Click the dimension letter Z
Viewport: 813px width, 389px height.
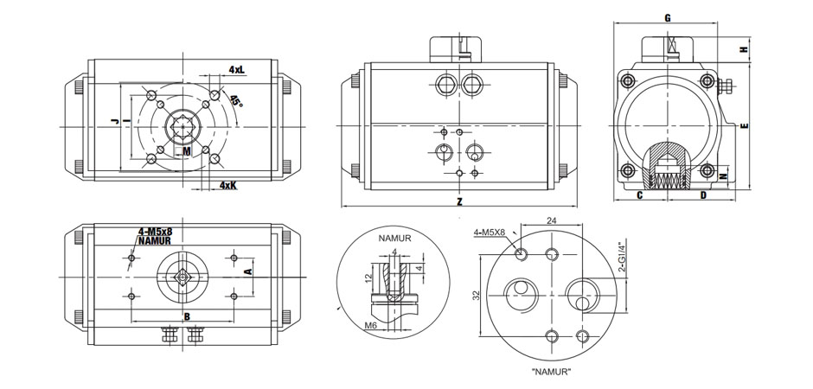click(x=459, y=201)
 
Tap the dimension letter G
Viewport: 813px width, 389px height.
click(x=667, y=18)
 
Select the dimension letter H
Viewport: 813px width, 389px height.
click(x=744, y=50)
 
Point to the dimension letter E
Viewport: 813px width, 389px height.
click(x=744, y=126)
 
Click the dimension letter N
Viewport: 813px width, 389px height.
click(x=723, y=175)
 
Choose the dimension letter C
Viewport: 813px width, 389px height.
click(x=639, y=195)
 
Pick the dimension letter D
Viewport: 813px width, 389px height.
click(x=702, y=195)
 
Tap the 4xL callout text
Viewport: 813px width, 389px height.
click(x=236, y=68)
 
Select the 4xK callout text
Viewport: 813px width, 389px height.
click(x=227, y=185)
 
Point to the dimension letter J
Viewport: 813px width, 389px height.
click(x=113, y=123)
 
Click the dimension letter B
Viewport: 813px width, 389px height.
click(x=186, y=316)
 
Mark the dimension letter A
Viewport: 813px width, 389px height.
click(x=249, y=271)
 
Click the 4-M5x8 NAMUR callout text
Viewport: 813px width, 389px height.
click(x=155, y=235)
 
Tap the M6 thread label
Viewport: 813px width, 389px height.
click(x=370, y=326)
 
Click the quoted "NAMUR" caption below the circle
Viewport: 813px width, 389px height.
click(x=552, y=372)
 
